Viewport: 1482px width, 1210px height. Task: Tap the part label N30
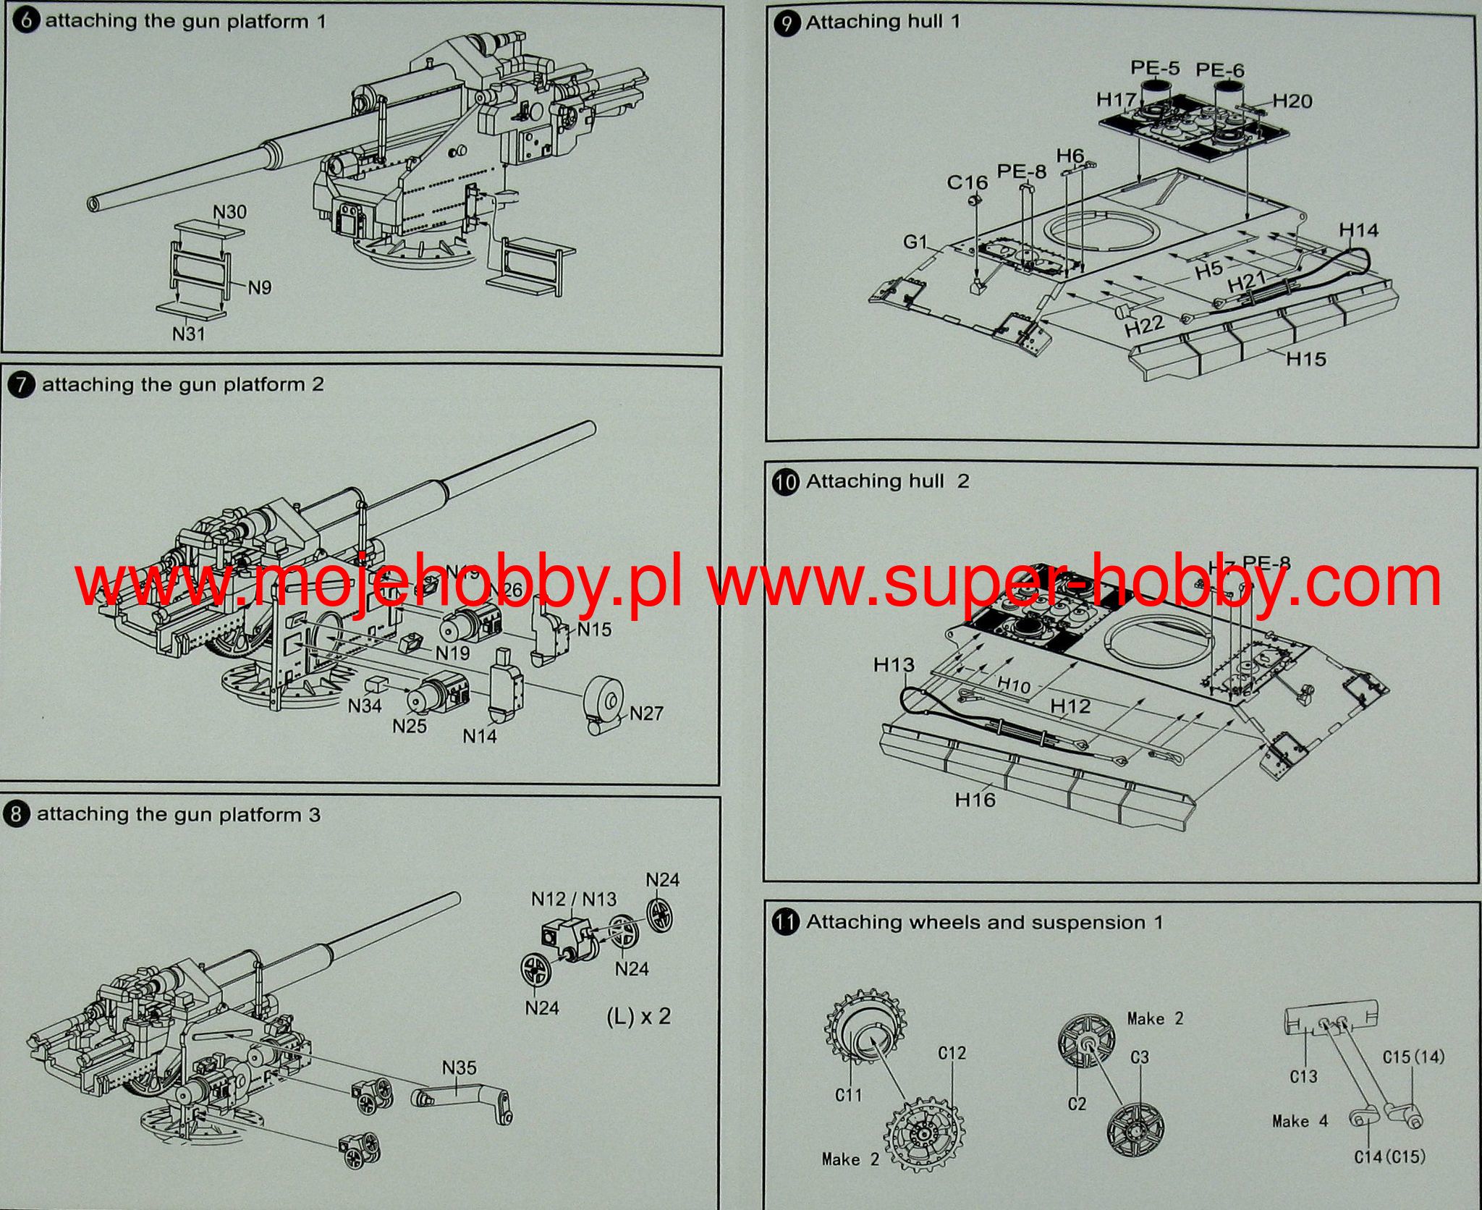pos(229,212)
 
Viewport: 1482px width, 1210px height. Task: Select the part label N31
pos(188,334)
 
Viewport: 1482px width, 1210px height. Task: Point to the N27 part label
pos(646,714)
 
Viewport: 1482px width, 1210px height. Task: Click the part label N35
pos(459,1067)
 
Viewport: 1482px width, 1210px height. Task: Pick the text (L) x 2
pos(638,1016)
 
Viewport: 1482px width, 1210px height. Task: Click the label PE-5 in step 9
pos(1155,68)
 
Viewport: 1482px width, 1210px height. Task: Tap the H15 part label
pos(1306,358)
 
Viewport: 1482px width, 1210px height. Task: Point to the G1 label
pos(915,241)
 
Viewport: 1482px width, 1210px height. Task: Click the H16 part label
pos(975,800)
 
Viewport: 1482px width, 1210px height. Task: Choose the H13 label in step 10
pos(894,664)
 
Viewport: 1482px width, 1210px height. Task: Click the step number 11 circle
pos(786,923)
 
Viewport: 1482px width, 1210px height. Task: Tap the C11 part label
pos(848,1095)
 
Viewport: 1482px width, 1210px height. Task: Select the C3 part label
pos(1139,1057)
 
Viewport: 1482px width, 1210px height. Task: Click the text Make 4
pos(1300,1122)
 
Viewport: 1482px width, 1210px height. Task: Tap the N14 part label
pos(480,736)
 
